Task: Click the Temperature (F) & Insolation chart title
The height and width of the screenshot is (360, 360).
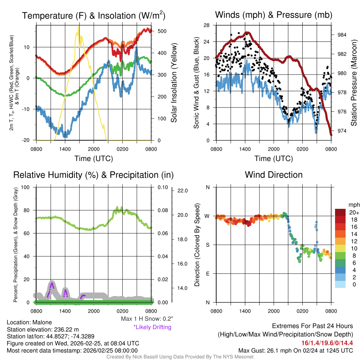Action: (x=94, y=16)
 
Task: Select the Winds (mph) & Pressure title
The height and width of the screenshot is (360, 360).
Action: (x=274, y=15)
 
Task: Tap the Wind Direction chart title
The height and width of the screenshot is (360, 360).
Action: (x=274, y=175)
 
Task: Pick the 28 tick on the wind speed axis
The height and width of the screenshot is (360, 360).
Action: (x=207, y=25)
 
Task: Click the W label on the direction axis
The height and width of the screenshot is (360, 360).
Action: (x=207, y=216)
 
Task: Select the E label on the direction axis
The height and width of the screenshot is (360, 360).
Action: (x=208, y=274)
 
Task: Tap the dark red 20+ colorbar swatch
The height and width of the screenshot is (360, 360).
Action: (x=340, y=212)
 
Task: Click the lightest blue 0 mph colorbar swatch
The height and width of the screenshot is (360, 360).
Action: (x=340, y=284)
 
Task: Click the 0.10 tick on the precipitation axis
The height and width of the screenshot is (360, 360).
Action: (x=162, y=187)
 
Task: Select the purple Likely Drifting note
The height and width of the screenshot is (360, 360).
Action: (x=152, y=327)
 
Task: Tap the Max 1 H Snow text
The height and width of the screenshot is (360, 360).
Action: (x=147, y=319)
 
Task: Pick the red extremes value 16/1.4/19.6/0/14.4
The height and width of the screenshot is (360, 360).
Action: (x=327, y=343)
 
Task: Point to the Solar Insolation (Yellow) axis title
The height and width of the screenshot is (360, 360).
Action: (x=174, y=83)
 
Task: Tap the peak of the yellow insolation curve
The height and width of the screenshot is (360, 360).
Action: (x=78, y=26)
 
